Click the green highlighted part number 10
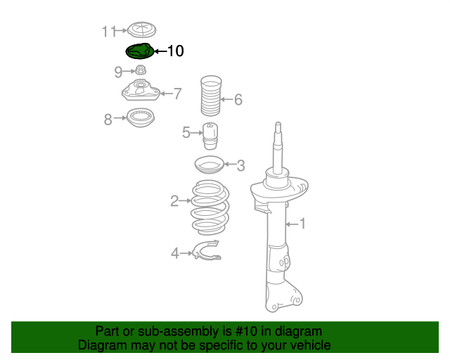[x=140, y=51]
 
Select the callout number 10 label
[x=175, y=51]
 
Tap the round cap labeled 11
[x=141, y=30]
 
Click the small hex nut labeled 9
[x=141, y=70]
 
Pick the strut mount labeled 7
[x=141, y=91]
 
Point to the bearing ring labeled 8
[x=141, y=117]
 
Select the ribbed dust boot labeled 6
[x=211, y=96]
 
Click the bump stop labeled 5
[x=210, y=136]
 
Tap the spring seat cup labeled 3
[x=210, y=165]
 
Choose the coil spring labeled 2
[x=210, y=207]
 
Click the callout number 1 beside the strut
[x=302, y=224]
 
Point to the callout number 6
[x=238, y=100]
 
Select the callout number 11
[x=109, y=31]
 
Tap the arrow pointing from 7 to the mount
[x=167, y=94]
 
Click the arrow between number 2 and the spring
[x=185, y=200]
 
